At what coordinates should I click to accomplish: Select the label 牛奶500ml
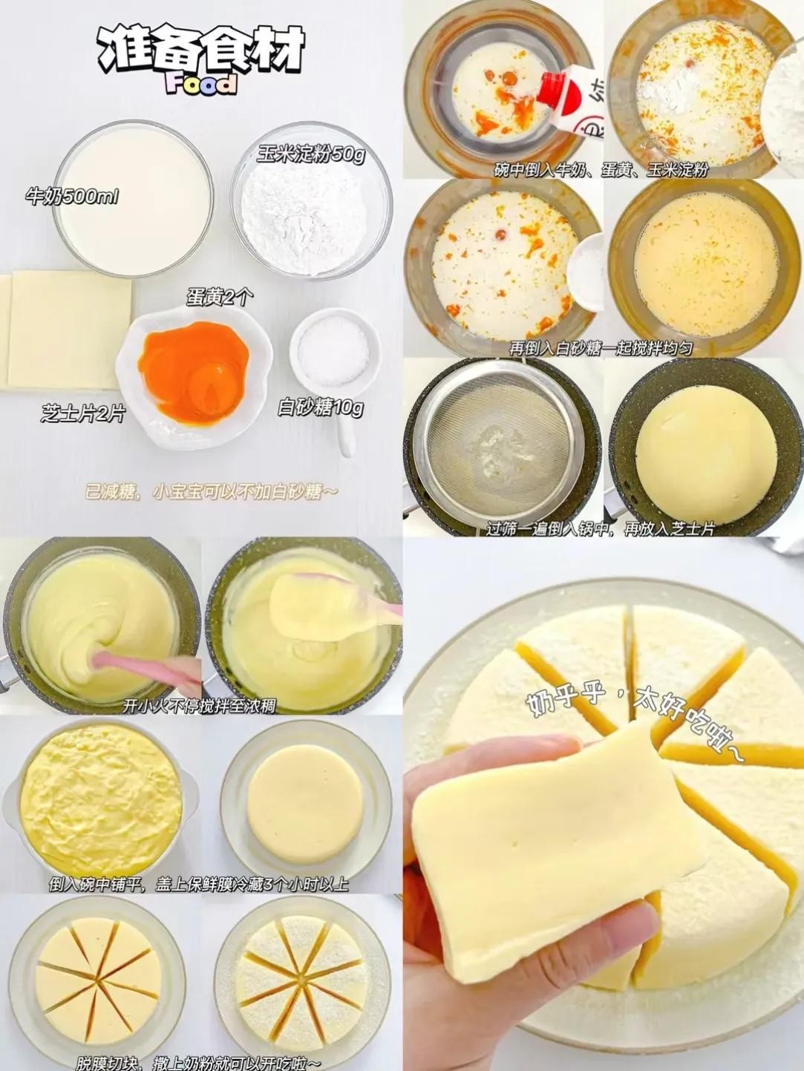[x=72, y=197]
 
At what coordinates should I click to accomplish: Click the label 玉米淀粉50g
[x=311, y=155]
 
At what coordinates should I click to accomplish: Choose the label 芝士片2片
[x=83, y=414]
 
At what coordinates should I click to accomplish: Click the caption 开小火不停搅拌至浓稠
[x=198, y=706]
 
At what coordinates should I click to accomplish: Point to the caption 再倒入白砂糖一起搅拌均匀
[x=601, y=348]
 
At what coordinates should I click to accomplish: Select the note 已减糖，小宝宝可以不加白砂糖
[x=211, y=492]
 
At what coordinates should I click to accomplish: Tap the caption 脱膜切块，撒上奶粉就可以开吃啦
[x=198, y=1063]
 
